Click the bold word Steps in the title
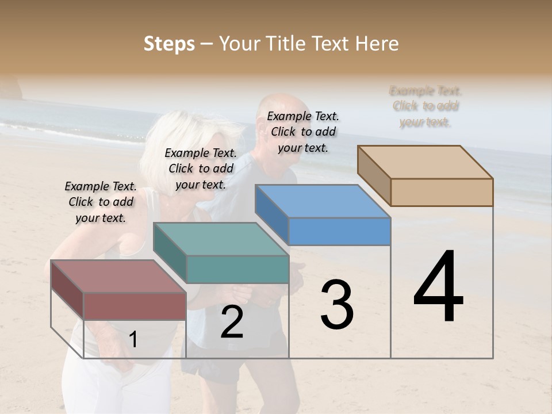coord(169,44)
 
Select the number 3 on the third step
coord(337,305)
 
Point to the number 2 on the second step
coord(232,322)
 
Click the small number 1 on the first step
coord(133,340)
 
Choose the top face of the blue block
coord(322,201)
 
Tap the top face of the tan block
coord(425,162)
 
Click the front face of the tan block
coord(442,192)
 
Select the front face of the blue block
coord(339,231)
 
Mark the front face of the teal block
coord(237,269)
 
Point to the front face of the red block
coord(135,306)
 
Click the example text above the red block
coord(101,202)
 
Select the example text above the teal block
coord(201,168)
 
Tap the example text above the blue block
coord(303,132)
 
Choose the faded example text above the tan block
coord(425,106)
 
